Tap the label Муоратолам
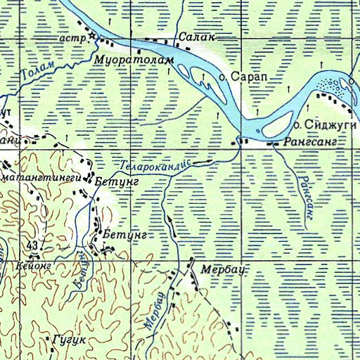134,61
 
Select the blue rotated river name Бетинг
81,270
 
